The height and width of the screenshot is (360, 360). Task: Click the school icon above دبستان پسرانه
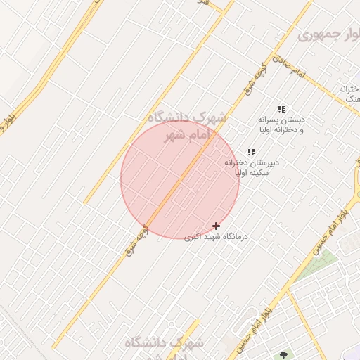(x=281, y=109)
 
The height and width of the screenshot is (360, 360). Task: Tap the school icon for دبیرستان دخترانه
(x=250, y=152)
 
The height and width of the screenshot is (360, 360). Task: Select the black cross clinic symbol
(x=216, y=226)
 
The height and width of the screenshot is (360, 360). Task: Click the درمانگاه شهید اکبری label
(x=216, y=237)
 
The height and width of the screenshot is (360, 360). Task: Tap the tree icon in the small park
(x=284, y=355)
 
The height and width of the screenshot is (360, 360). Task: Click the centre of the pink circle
(x=180, y=179)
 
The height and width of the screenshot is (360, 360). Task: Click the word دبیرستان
(x=262, y=162)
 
